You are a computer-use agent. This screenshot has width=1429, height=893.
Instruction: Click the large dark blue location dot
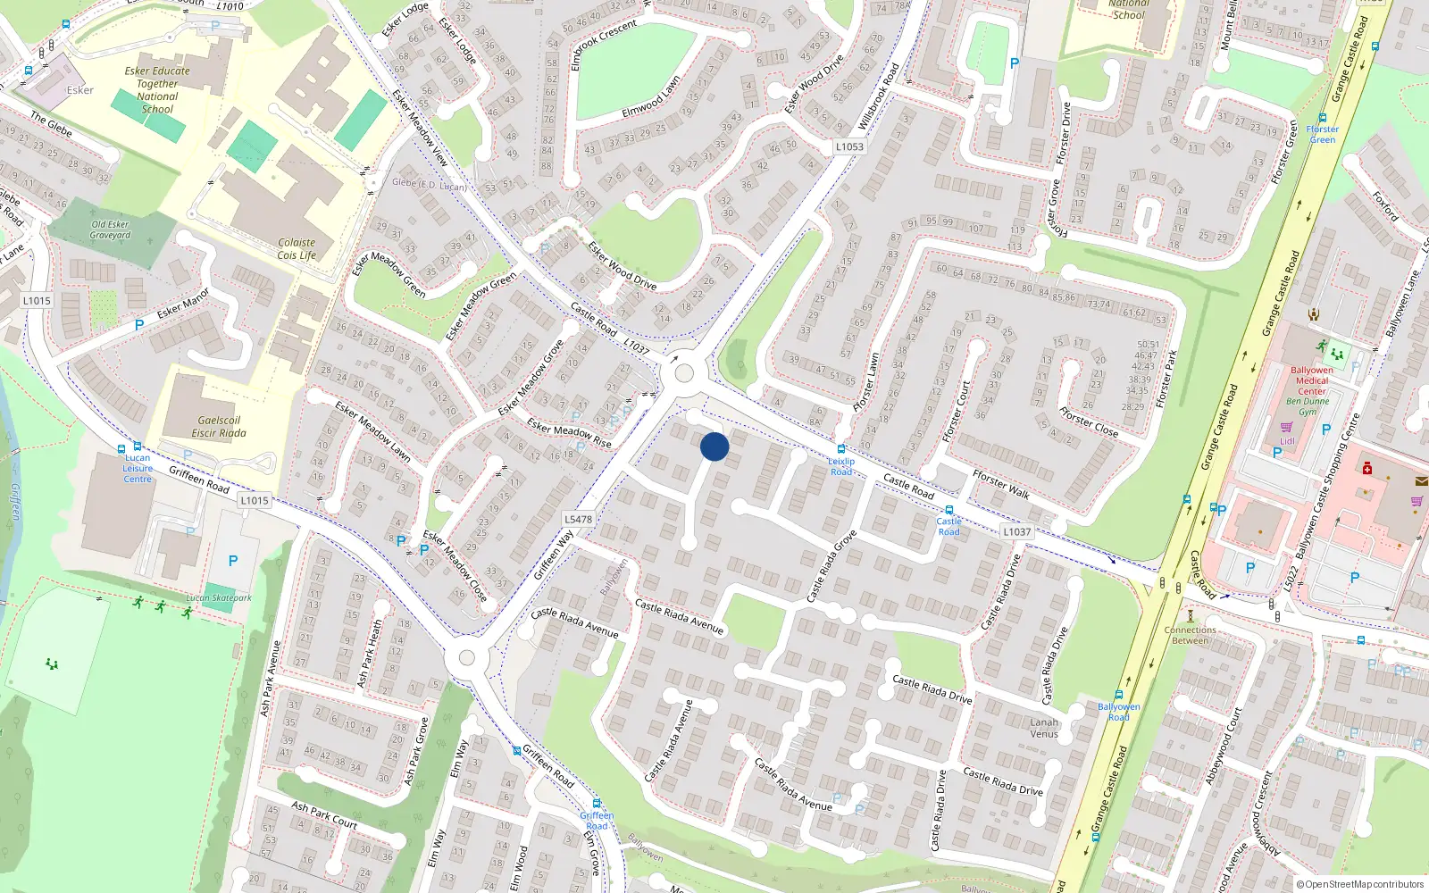(714, 446)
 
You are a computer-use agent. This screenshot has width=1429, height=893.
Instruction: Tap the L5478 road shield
(578, 519)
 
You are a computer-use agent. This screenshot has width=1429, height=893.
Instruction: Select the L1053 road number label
(849, 146)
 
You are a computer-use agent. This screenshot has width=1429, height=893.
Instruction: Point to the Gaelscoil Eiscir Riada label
(219, 427)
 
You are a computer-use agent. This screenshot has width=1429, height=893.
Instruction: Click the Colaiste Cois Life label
(297, 248)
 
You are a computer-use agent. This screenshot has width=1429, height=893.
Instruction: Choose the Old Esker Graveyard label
(110, 230)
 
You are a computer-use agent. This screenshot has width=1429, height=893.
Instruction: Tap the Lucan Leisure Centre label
(138, 468)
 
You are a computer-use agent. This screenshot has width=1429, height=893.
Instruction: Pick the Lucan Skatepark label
(219, 597)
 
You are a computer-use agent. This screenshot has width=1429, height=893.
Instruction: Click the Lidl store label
(1287, 440)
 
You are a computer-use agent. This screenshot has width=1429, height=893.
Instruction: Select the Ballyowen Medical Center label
(1311, 380)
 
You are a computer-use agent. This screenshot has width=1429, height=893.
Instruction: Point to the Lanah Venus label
(1044, 728)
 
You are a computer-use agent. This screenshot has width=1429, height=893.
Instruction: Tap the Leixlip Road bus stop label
(841, 466)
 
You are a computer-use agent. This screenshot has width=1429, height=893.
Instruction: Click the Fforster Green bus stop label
(1323, 134)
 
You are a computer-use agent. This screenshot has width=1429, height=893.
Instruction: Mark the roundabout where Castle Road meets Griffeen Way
(684, 373)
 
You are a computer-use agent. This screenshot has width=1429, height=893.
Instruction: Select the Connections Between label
(1190, 635)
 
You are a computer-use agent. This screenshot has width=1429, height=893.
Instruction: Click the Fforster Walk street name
(1000, 484)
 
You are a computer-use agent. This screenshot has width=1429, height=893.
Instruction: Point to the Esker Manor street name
(183, 303)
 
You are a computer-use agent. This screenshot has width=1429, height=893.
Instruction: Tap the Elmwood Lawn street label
(651, 97)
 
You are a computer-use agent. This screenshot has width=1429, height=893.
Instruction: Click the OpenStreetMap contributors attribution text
(1361, 884)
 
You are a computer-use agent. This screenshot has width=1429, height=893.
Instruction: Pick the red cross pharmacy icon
(1366, 467)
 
